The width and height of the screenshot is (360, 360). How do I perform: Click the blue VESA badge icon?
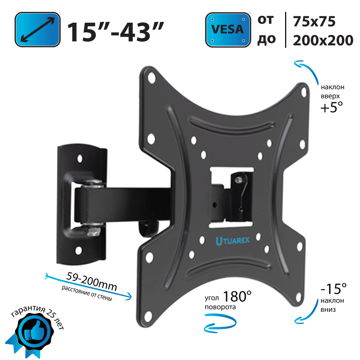coord(228,30)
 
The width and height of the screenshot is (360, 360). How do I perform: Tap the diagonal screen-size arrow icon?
coord(38,30)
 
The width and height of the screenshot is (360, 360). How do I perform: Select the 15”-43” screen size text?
coord(116,32)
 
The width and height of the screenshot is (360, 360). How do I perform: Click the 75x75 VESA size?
coord(314,21)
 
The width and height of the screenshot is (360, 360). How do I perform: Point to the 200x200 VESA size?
coord(323,40)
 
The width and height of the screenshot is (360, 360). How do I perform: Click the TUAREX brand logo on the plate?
coord(233,241)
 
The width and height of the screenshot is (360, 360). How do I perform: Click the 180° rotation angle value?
coord(237,296)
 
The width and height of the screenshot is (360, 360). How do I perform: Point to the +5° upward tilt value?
coord(332,107)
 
